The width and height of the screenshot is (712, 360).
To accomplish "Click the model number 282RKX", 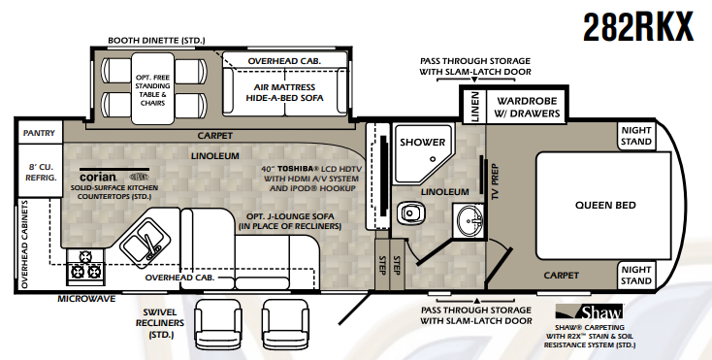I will click(639, 26).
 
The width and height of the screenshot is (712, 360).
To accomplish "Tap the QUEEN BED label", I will click(604, 205).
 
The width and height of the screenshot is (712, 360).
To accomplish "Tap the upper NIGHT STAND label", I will click(635, 135).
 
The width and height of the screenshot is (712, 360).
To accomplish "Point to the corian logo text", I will click(97, 178).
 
